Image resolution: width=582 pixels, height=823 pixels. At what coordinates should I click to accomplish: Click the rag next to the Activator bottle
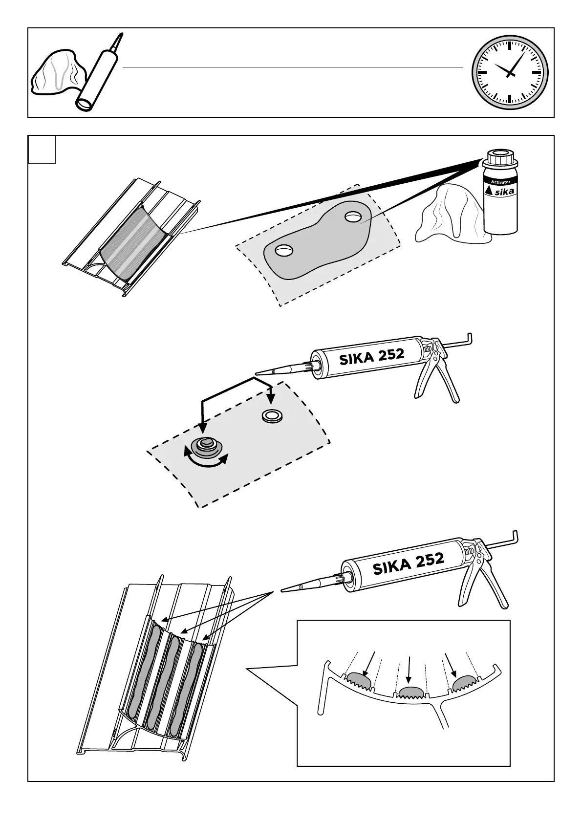click(x=447, y=215)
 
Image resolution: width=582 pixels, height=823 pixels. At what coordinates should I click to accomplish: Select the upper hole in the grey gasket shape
click(x=352, y=217)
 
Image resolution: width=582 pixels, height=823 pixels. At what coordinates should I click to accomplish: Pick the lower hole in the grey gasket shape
click(x=282, y=251)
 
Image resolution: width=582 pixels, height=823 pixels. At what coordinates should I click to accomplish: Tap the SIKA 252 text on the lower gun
click(x=408, y=563)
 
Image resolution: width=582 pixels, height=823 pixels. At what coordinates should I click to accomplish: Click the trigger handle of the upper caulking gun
click(x=428, y=381)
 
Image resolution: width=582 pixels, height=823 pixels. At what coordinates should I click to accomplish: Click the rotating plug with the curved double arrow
click(x=206, y=446)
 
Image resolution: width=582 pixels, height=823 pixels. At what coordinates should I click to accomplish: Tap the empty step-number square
click(x=42, y=150)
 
